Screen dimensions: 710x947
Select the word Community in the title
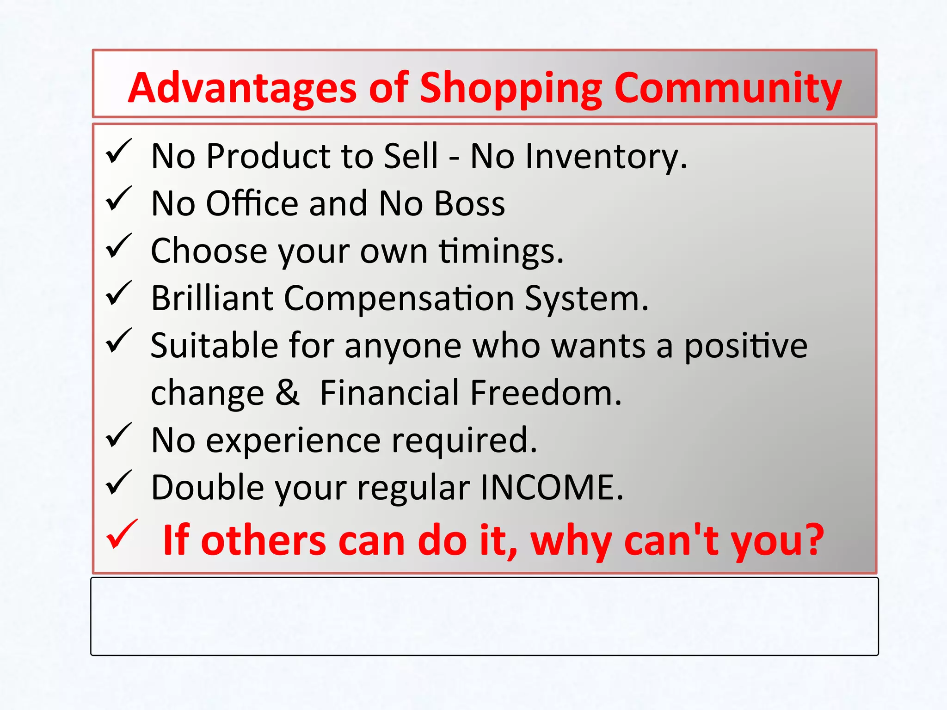click(728, 89)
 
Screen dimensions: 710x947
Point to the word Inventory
click(578, 157)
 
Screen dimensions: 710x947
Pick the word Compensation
click(399, 300)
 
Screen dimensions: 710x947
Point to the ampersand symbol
click(288, 392)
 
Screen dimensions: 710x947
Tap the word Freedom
click(546, 392)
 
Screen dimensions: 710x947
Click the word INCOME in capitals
click(551, 487)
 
